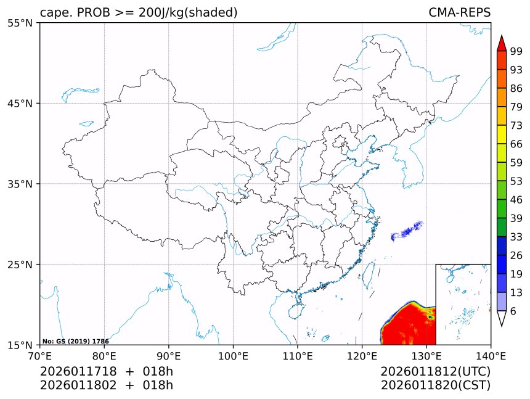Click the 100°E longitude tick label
tap(233, 356)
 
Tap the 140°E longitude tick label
tap(491, 356)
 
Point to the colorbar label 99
tap(516, 51)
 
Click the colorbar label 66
tap(516, 144)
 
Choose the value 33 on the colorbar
tap(516, 237)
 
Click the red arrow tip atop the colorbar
tap(502, 41)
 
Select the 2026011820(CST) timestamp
tap(435, 385)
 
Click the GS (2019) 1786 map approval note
tap(76, 341)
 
